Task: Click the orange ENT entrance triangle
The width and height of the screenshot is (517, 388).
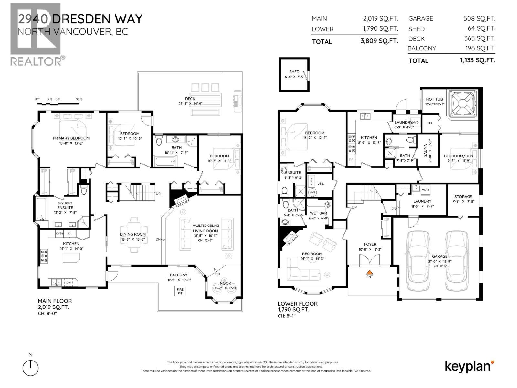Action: click(x=370, y=272)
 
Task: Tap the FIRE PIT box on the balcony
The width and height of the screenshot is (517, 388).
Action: click(x=180, y=291)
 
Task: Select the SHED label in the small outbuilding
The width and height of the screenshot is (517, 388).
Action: click(x=294, y=72)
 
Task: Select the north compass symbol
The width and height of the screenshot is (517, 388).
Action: click(x=31, y=368)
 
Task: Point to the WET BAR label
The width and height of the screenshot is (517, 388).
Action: click(x=318, y=213)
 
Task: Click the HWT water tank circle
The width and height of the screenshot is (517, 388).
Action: click(x=312, y=192)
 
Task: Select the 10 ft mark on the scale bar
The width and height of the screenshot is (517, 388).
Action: click(x=79, y=99)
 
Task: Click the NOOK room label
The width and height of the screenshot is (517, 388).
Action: click(x=225, y=283)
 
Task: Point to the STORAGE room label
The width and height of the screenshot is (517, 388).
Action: click(x=463, y=197)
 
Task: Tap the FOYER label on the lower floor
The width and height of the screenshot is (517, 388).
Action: click(x=370, y=244)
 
